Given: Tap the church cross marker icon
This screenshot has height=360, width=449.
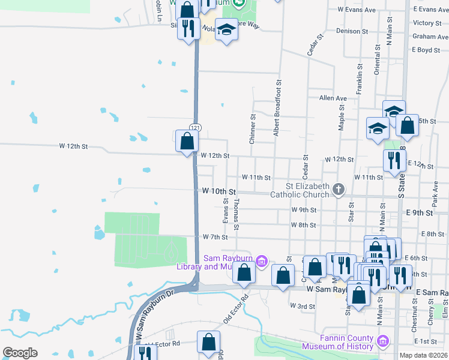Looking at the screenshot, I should (x=339, y=190).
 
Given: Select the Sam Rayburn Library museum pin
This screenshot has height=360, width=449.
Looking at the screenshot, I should (x=261, y=261).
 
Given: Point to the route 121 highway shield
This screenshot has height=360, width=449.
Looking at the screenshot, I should (x=195, y=128).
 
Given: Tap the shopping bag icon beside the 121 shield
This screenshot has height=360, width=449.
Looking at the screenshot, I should (x=187, y=142).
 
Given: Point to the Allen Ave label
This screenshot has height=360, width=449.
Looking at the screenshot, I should (x=333, y=98).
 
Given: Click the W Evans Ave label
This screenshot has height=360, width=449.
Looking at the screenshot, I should (x=357, y=10).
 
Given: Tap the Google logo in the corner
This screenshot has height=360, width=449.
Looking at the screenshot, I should (x=20, y=353).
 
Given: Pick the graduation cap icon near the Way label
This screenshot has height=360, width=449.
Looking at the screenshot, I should (x=226, y=29).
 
